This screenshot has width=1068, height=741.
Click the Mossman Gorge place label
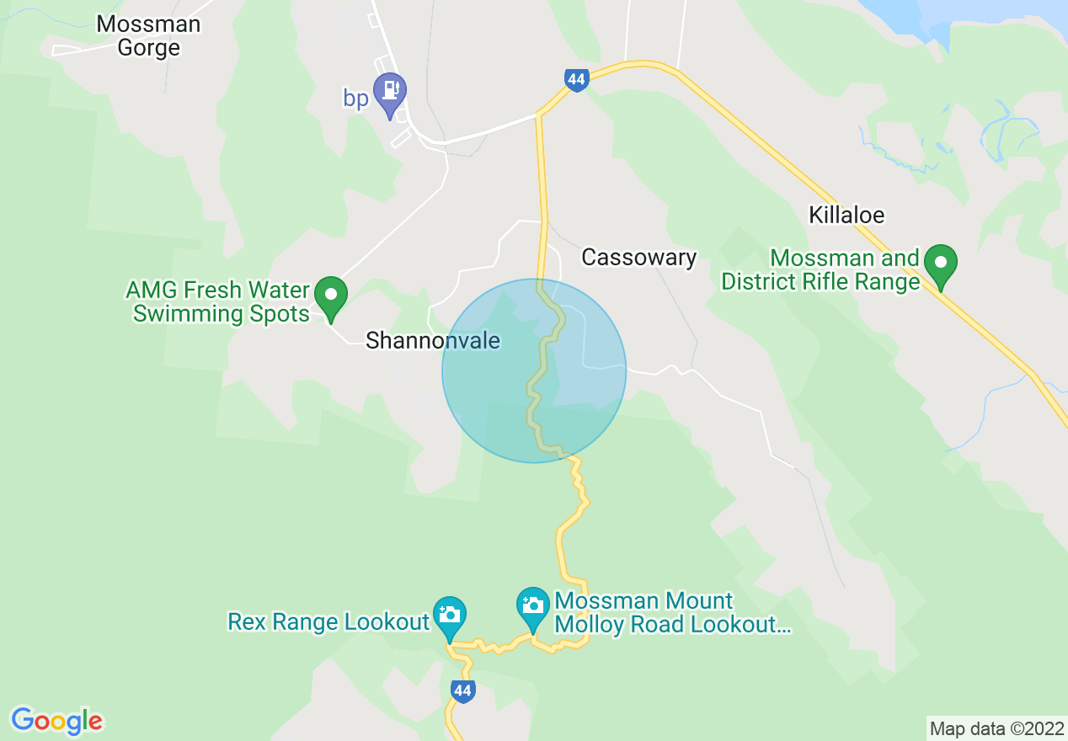[148, 35]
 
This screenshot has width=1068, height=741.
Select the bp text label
[355, 99]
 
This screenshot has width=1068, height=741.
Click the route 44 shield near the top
[576, 81]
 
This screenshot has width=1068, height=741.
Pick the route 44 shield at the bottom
[462, 691]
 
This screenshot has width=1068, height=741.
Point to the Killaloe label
[846, 215]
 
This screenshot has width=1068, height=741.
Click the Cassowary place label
[638, 258]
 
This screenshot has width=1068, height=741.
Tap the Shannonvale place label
[433, 340]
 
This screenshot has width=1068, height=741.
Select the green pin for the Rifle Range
[940, 264]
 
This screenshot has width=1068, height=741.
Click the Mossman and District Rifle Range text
[820, 269]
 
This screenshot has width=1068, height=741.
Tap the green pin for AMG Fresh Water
[331, 296]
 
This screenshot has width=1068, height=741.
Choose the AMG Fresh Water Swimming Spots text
[218, 302]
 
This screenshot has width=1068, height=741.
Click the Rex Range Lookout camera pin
[449, 616]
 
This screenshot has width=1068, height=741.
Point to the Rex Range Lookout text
[328, 622]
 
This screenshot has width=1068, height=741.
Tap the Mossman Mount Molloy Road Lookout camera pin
[532, 606]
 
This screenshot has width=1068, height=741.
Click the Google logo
[57, 721]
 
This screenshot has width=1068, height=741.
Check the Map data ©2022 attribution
[996, 728]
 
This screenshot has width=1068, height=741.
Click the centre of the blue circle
[534, 370]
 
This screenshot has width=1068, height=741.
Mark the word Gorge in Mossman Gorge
[148, 48]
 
